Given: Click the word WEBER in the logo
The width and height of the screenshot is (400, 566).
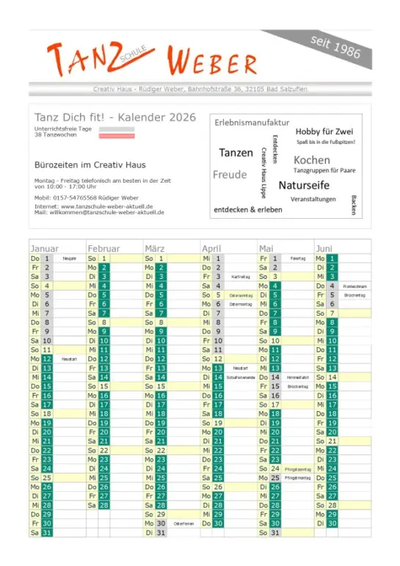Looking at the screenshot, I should [x=212, y=60].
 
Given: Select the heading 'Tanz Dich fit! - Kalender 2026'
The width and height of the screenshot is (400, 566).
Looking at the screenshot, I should [x=115, y=117].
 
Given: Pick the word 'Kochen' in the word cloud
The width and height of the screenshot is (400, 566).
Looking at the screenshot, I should [x=312, y=160].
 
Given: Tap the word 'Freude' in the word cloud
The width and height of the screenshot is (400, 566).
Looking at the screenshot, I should [x=230, y=175].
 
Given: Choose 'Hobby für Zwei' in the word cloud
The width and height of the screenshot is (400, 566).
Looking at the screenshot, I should [x=324, y=131].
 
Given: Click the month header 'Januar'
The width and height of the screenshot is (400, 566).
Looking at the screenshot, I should [x=45, y=248].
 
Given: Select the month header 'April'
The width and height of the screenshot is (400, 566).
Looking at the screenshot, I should [x=211, y=248].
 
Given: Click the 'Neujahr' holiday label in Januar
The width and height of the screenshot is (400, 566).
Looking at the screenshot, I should [x=70, y=258].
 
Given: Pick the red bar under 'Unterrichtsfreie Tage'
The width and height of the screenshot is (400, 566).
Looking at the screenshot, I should [x=117, y=137].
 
